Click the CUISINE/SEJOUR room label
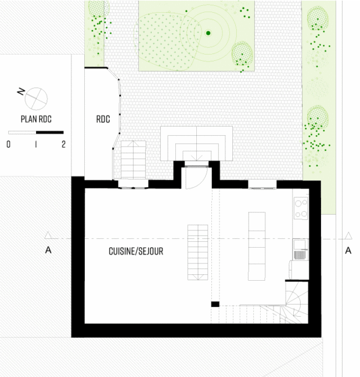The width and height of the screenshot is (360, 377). [136, 251]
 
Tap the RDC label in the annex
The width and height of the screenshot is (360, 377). [103, 119]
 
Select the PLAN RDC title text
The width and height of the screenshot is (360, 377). [36, 119]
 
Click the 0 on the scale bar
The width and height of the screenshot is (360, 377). [9, 144]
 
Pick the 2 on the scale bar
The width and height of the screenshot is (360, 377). [63, 144]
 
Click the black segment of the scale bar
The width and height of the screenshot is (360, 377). [50, 132]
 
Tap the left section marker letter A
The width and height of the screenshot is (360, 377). [48, 250]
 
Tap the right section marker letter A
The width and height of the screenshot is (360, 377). [348, 251]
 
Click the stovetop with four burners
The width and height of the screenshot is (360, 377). [301, 208]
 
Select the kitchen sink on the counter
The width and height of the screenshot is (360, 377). [300, 249]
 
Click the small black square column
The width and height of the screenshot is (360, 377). [215, 304]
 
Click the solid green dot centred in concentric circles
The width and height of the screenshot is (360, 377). [208, 33]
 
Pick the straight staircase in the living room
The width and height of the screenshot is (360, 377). [198, 252]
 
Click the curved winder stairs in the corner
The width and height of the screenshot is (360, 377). [297, 302]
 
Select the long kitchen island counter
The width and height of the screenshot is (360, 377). [257, 246]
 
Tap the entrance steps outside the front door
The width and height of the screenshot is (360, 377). [197, 143]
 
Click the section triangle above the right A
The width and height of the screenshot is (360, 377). [348, 235]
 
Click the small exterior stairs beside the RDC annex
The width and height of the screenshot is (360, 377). [134, 160]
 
